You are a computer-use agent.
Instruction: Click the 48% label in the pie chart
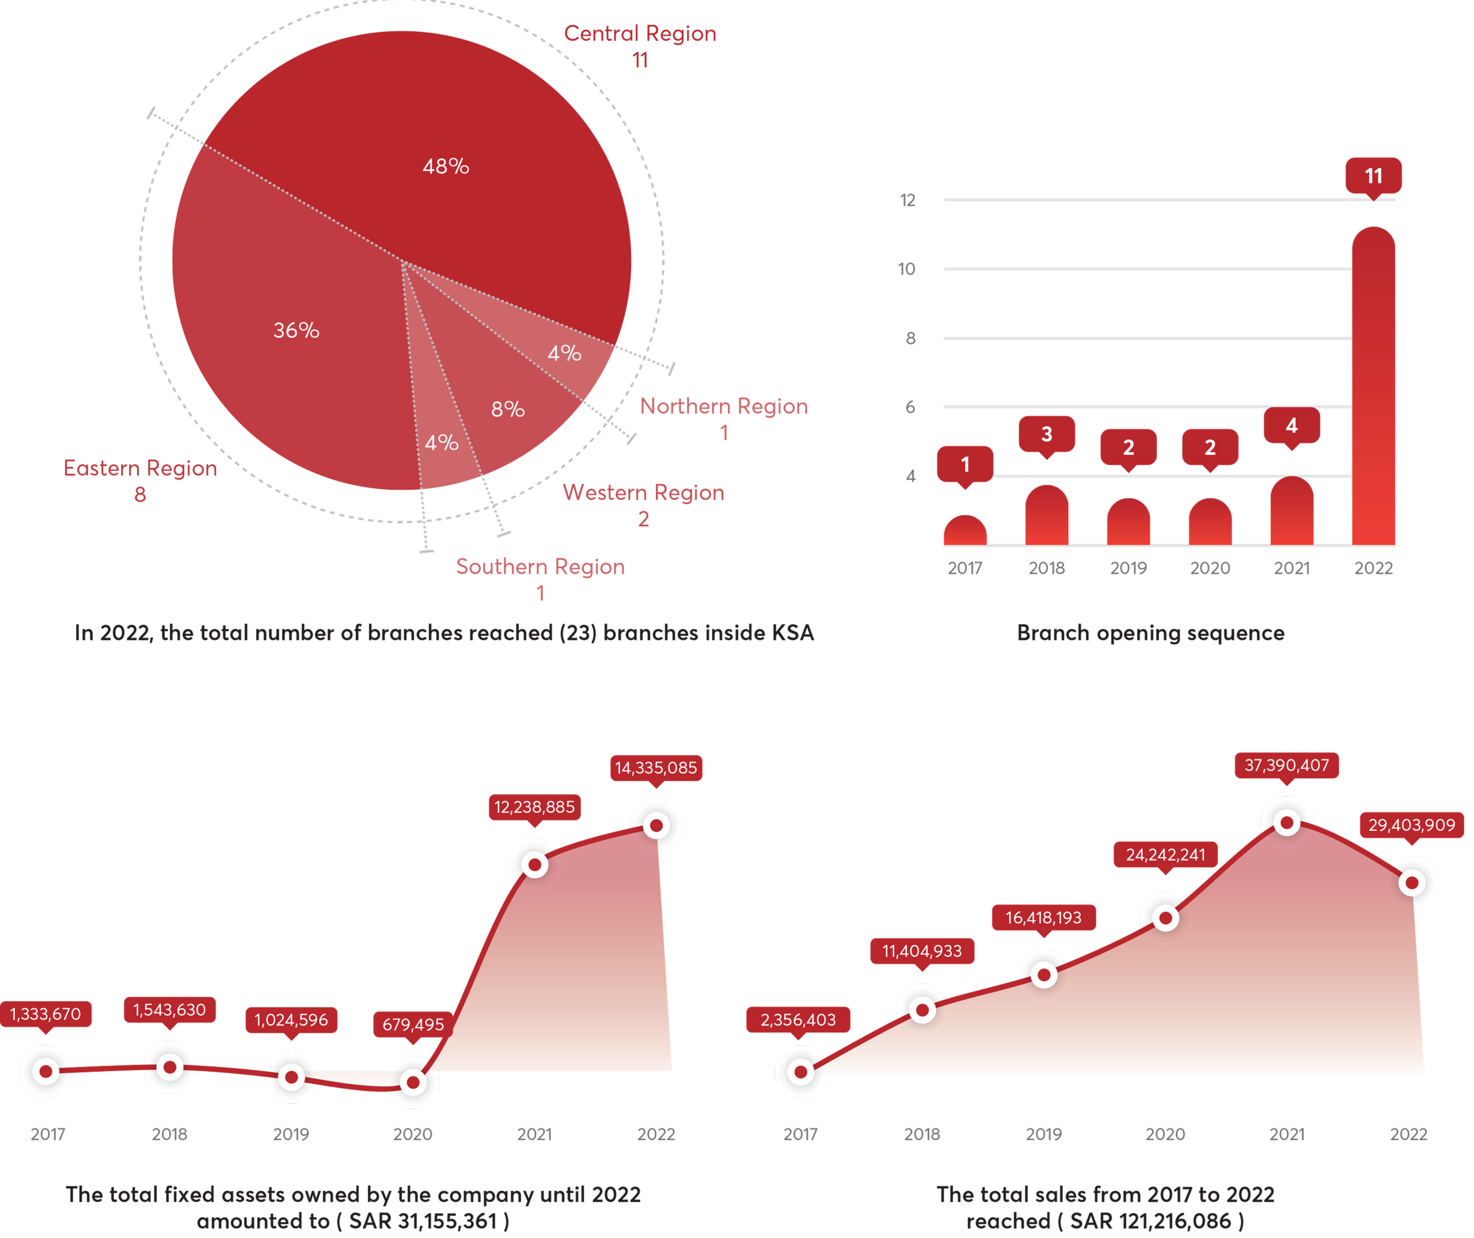click(446, 166)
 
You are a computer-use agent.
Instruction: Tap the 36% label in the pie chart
click(296, 330)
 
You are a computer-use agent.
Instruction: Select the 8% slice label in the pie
click(507, 409)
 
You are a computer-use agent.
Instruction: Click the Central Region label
click(640, 34)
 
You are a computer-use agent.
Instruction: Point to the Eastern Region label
click(140, 468)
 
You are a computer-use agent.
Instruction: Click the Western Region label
click(644, 493)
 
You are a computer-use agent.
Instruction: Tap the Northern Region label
click(724, 407)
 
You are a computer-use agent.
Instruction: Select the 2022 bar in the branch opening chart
click(1373, 386)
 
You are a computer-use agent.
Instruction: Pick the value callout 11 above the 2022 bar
click(1373, 176)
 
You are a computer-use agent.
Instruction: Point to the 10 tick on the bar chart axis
click(907, 269)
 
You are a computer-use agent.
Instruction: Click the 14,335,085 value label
click(656, 768)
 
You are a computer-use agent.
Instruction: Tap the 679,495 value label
click(413, 1024)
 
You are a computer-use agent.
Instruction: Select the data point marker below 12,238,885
click(535, 865)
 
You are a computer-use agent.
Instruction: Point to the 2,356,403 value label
click(798, 1020)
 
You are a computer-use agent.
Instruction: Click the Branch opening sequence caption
click(1150, 633)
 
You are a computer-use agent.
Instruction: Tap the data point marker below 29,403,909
click(1412, 883)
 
